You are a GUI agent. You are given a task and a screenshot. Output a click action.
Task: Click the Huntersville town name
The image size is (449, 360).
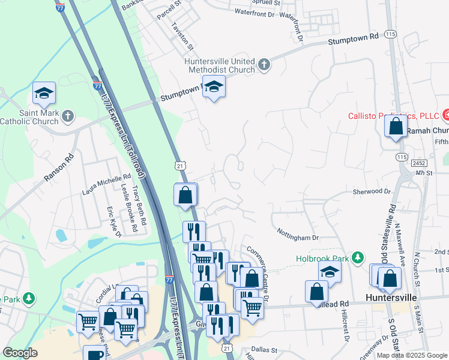click(x=392, y=297)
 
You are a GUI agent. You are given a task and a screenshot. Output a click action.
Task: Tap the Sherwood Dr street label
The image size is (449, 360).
click(x=372, y=191)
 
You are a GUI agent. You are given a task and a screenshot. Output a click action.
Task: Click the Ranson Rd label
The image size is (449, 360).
click(x=58, y=169)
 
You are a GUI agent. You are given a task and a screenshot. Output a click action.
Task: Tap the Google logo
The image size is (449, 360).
click(x=20, y=353)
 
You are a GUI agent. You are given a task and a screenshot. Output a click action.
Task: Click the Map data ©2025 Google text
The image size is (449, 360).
click(x=412, y=355)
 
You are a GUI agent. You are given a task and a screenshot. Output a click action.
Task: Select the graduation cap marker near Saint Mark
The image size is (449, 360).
click(x=44, y=93)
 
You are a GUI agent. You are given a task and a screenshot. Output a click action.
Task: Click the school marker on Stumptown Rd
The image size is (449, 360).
click(x=214, y=88)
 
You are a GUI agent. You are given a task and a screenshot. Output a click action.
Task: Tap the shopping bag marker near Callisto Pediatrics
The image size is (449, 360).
click(x=396, y=127)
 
